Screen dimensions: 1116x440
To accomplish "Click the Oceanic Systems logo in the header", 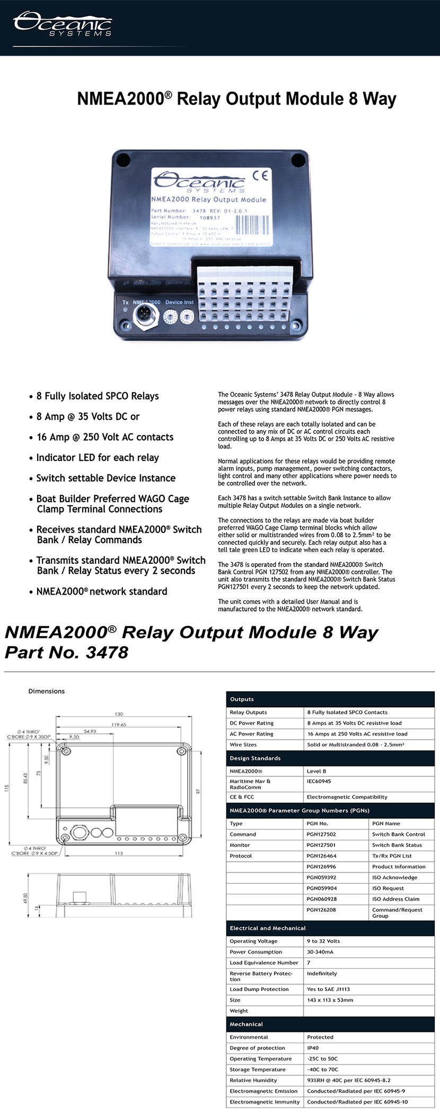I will pyautogui.click(x=63, y=24).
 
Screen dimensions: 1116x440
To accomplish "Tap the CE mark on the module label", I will pyautogui.click(x=260, y=176).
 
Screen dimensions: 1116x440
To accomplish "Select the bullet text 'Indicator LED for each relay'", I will pyautogui.click(x=98, y=458).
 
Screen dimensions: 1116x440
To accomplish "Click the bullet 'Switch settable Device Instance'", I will pyautogui.click(x=105, y=478).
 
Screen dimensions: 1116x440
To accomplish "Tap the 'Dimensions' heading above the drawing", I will pyautogui.click(x=47, y=691).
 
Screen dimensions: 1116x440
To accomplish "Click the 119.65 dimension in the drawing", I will pyautogui.click(x=119, y=724).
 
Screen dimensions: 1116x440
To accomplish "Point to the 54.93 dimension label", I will pyautogui.click(x=90, y=731).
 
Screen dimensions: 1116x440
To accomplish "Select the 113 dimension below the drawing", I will pyautogui.click(x=119, y=853).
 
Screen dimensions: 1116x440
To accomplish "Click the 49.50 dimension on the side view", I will pyautogui.click(x=25, y=898).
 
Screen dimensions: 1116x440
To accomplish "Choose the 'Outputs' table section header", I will pyautogui.click(x=242, y=699).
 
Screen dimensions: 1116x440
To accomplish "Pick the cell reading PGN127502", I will pyautogui.click(x=321, y=834).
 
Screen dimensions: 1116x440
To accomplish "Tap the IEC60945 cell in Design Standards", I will pyautogui.click(x=319, y=781).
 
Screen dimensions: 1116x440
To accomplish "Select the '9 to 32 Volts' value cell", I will pyautogui.click(x=323, y=941).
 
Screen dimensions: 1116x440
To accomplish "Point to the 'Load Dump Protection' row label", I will pyautogui.click(x=259, y=989).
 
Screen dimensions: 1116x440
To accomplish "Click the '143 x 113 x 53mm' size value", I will pyautogui.click(x=330, y=1000).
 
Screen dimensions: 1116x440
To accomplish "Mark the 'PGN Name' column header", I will pyautogui.click(x=386, y=823).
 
